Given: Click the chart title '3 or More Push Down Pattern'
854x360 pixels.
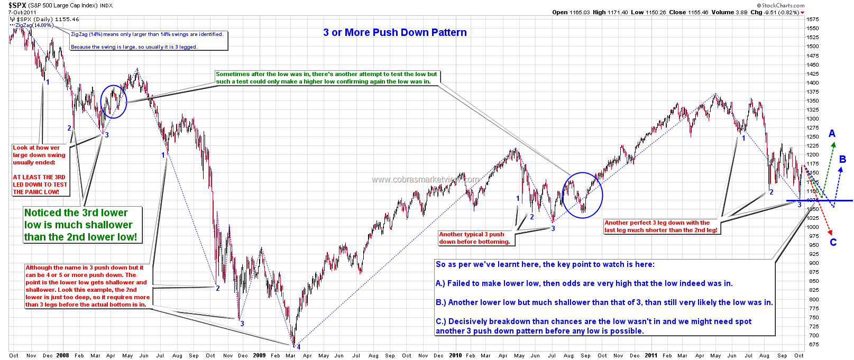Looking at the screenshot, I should tap(395, 33).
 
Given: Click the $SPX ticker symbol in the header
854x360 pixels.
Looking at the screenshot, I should tap(18, 5).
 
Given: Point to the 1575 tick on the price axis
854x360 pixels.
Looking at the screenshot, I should tap(813, 20).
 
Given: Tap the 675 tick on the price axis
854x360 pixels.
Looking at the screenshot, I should tap(813, 345).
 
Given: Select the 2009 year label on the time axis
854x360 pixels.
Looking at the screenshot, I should tap(259, 355).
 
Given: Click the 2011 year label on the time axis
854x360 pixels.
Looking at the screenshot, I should tap(651, 355).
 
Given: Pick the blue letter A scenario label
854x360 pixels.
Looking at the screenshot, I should tap(832, 134).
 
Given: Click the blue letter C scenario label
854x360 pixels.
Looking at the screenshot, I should tap(833, 243).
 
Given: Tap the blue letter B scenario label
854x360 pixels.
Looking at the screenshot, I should tap(842, 159).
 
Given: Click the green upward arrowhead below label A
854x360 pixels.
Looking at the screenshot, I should tap(833, 144).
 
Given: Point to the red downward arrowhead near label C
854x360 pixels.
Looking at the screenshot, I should tap(831, 232).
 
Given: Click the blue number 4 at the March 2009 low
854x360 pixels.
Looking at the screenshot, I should tap(298, 347).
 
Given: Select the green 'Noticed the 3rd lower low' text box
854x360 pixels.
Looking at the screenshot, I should tap(82, 225).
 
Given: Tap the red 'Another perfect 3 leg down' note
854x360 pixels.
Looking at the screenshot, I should tap(660, 226).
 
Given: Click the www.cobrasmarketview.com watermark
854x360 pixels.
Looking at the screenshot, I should tap(425, 180).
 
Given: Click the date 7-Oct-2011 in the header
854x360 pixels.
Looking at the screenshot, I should tap(23, 12).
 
